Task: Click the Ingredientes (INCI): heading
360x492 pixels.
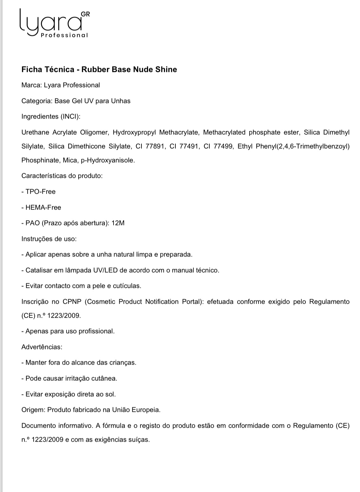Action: point(51,116)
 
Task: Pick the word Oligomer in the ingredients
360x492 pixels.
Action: point(94,132)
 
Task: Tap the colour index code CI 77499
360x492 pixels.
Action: point(219,146)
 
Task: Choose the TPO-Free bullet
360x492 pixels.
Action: point(40,191)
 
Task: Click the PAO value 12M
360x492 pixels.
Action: point(118,223)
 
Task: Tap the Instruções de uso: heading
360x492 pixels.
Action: point(49,239)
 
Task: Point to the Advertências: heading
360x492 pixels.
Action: point(42,347)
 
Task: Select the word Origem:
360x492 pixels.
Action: point(33,410)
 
